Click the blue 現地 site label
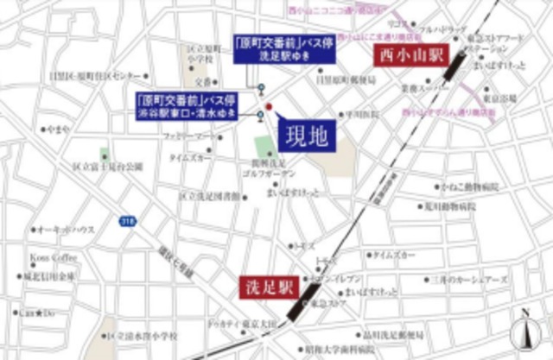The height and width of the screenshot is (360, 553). [307, 136]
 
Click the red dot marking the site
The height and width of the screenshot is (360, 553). [269, 108]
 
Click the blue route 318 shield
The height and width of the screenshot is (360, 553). [128, 221]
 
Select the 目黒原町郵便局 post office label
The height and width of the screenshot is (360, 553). [346, 80]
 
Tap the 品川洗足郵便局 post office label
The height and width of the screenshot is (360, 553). [392, 335]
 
